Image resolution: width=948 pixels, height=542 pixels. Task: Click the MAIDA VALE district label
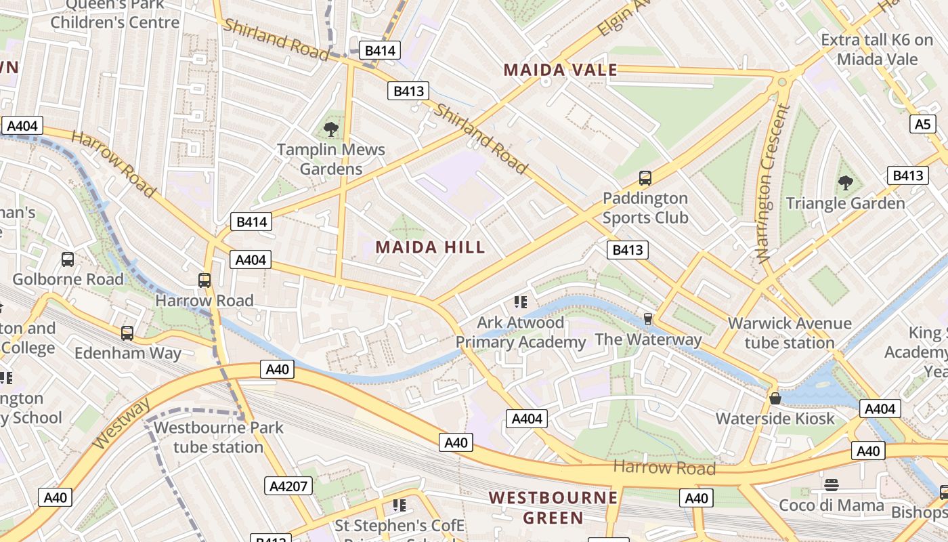(x=561, y=70)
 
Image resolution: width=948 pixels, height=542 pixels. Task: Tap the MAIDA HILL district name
(x=431, y=247)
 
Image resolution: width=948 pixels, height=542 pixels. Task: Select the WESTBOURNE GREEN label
(x=553, y=508)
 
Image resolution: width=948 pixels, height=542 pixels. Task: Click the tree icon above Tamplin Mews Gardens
(x=331, y=129)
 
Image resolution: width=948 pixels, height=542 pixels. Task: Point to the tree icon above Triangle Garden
(x=845, y=182)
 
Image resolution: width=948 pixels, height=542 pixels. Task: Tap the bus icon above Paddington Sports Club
(x=645, y=178)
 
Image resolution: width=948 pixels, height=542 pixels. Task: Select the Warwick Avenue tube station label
(x=790, y=333)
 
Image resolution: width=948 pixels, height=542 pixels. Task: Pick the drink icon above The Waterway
(x=648, y=318)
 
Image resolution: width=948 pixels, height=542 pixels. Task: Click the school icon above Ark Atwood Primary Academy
(x=520, y=301)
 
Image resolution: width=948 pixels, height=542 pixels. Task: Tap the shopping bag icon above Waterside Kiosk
(x=775, y=398)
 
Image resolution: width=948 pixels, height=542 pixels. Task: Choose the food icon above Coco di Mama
(x=832, y=485)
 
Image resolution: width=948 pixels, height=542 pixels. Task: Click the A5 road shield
(x=923, y=124)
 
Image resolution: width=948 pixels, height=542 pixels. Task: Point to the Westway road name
(x=122, y=424)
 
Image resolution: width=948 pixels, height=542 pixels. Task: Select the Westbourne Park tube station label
(x=218, y=437)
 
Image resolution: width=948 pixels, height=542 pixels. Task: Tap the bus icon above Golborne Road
(x=68, y=259)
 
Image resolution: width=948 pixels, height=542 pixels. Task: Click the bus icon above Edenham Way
(x=127, y=333)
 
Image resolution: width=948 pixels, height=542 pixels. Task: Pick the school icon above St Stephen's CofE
(x=400, y=505)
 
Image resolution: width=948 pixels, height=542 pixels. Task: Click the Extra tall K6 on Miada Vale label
(x=877, y=49)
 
